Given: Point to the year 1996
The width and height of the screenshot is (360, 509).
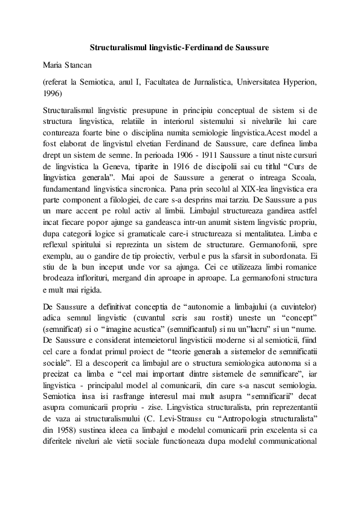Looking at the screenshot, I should click(53, 93).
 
